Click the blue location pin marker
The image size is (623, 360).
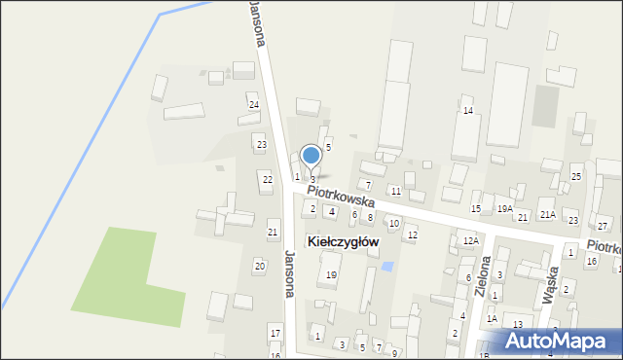311,157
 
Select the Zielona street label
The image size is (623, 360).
482,276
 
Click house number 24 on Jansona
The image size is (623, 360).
253,104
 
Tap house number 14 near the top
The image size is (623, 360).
468,111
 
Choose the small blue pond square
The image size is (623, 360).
388,266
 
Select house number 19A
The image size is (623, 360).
504,208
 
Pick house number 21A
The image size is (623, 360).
548,215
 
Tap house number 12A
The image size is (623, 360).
471,240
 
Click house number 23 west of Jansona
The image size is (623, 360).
261,144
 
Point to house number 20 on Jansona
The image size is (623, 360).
259,266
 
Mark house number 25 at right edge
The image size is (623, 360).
576,176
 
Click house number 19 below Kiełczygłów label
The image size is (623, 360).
331,275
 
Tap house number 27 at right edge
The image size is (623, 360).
602,226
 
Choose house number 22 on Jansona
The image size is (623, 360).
267,179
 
